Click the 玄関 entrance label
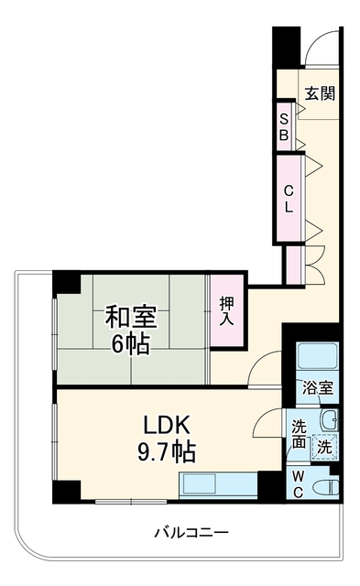[320, 93]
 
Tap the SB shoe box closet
[284, 126]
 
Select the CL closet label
[289, 199]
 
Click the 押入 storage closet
[227, 310]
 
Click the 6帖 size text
[131, 343]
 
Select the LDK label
[167, 425]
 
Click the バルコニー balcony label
[191, 531]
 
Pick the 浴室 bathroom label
[318, 388]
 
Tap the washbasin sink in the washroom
[330, 419]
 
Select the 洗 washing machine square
[325, 447]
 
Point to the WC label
[298, 485]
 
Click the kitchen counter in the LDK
[218, 485]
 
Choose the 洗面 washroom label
[299, 434]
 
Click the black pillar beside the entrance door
[287, 47]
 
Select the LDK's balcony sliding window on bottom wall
[131, 501]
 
